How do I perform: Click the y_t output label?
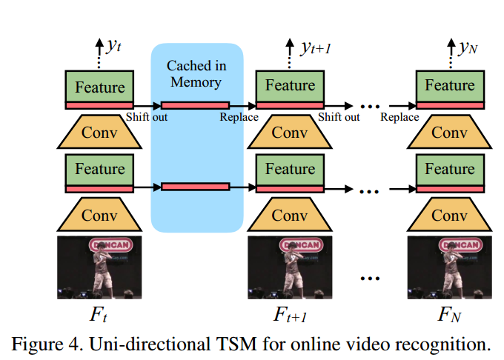click(x=113, y=47)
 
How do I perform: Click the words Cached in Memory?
click(x=196, y=73)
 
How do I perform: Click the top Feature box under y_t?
click(x=99, y=86)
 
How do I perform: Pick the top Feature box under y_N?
click(x=449, y=86)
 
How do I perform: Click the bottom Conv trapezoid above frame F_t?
click(x=99, y=216)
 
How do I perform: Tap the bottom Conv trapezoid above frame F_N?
click(x=449, y=216)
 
